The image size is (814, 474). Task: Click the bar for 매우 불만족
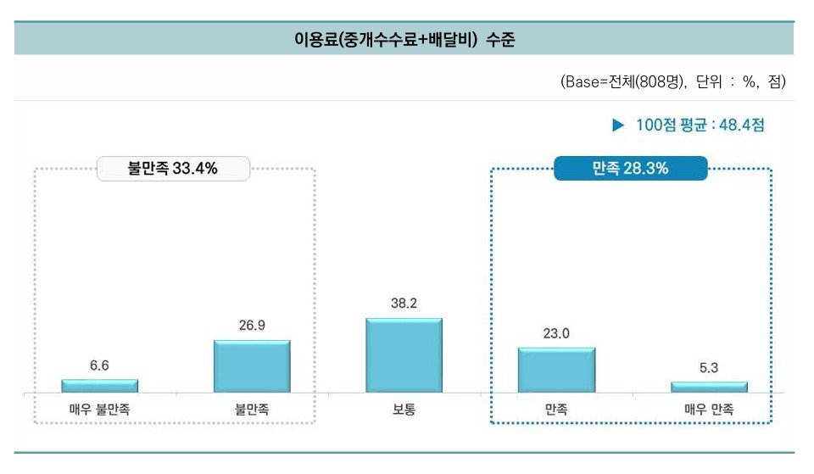99,386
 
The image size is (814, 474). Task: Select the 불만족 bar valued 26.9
252,366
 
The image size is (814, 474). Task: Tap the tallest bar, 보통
404,355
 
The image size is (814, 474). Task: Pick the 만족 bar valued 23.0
556,370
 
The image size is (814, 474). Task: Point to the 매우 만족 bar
709,387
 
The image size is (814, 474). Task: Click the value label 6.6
99,365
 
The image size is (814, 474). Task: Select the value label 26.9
252,326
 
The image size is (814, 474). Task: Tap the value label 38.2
404,304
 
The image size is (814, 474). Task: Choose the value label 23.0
556,333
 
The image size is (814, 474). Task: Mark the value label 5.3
709,368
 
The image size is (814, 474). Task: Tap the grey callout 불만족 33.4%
173,169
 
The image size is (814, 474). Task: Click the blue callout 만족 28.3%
630,169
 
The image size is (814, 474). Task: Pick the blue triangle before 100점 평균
618,125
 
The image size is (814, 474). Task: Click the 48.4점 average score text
742,125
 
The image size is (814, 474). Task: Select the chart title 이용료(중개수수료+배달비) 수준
404,39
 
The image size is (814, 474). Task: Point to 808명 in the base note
657,82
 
